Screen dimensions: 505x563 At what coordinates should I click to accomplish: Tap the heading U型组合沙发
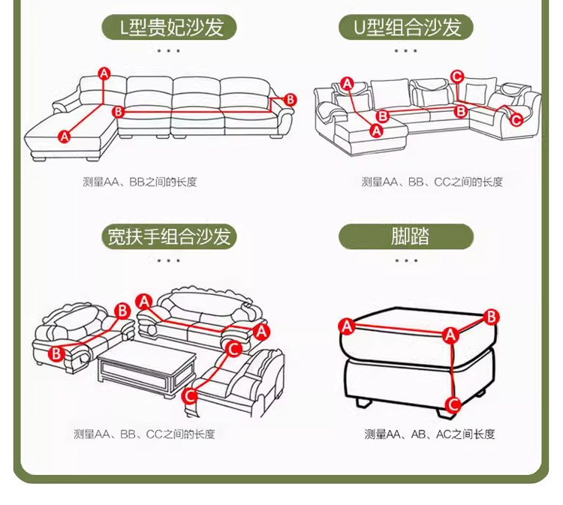(405, 28)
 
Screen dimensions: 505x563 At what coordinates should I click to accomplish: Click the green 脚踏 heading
(406, 237)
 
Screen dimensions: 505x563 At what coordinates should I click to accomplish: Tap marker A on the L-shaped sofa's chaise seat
(64, 136)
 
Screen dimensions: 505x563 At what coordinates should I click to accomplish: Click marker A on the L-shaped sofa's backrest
(104, 73)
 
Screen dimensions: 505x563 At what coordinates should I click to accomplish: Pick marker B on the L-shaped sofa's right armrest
(291, 100)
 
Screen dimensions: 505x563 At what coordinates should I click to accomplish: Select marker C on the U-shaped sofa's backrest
(457, 75)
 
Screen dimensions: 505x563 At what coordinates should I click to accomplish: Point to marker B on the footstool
(491, 317)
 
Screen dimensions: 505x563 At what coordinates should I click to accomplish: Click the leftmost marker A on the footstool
(347, 326)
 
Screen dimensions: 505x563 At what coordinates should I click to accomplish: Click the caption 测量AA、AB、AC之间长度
(429, 434)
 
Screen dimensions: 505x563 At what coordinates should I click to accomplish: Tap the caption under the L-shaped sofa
(140, 182)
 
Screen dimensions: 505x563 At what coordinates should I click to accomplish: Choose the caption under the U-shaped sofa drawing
(432, 182)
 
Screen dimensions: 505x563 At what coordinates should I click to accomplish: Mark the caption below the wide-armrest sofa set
(143, 434)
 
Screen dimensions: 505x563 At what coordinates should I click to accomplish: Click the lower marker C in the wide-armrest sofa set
(191, 395)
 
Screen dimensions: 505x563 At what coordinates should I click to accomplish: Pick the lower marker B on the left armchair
(56, 353)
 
